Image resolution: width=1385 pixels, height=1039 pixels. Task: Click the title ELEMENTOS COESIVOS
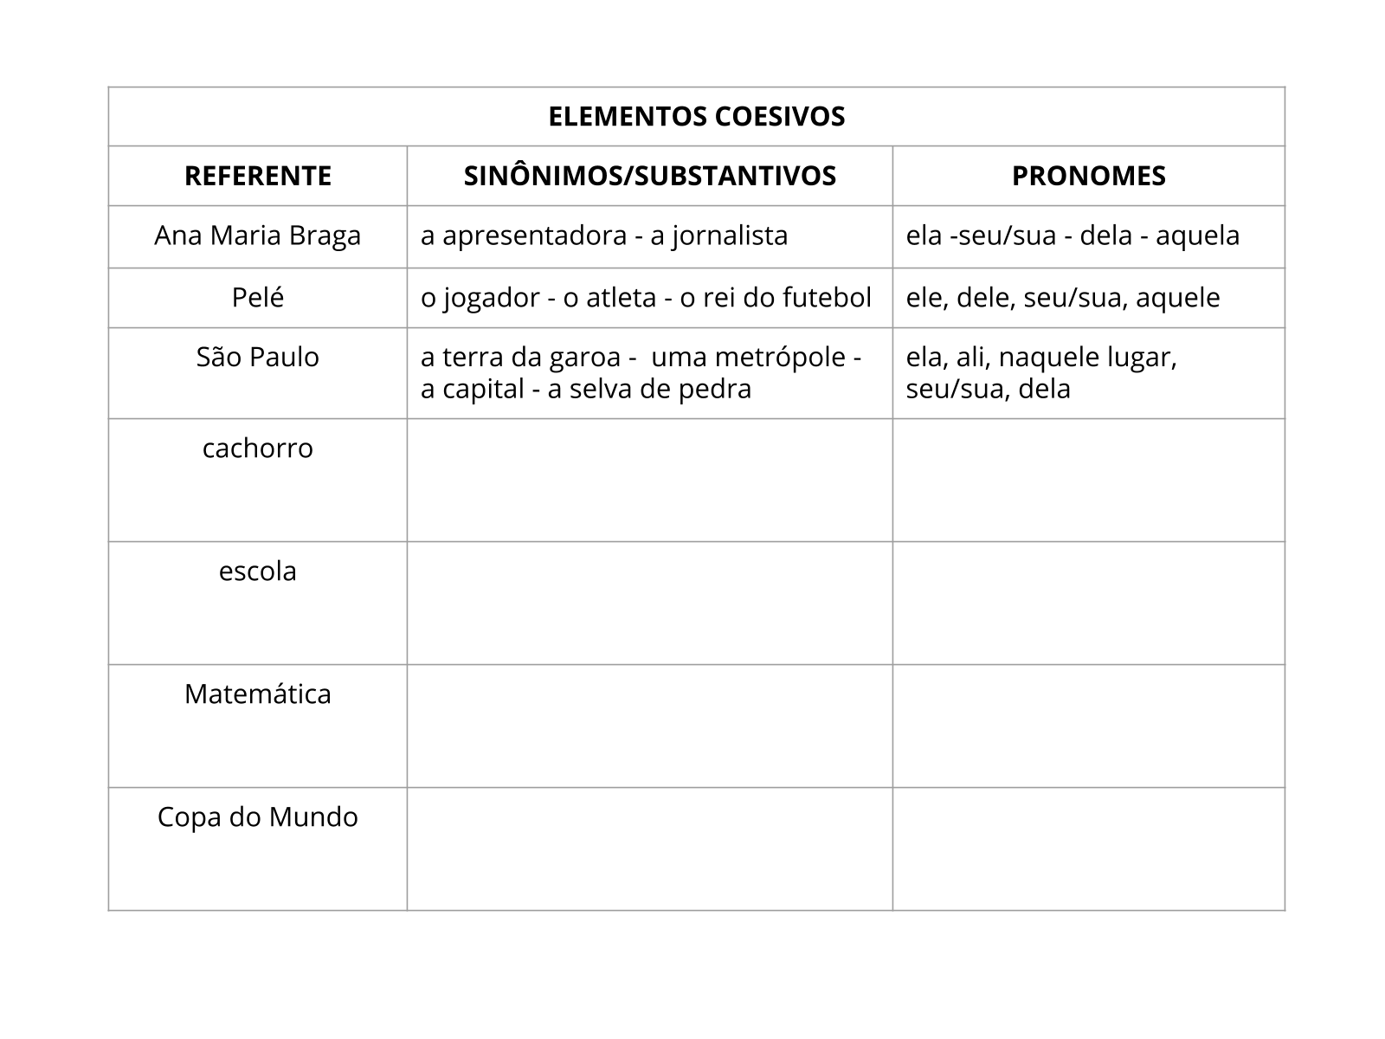(x=696, y=117)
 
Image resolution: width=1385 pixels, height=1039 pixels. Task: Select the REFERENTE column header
(x=258, y=176)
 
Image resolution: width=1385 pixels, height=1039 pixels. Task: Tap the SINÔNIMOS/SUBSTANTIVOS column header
(x=649, y=176)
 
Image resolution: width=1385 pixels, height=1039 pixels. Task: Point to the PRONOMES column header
(x=1088, y=176)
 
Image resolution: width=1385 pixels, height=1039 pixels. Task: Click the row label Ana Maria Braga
(x=258, y=236)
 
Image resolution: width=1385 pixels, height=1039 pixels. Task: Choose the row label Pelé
(x=258, y=298)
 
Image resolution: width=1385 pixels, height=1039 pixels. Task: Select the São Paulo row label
(x=258, y=357)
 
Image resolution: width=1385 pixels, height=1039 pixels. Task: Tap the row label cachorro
(x=258, y=448)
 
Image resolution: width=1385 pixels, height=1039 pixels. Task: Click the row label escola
(x=258, y=571)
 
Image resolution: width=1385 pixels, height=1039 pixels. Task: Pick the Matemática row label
(x=258, y=694)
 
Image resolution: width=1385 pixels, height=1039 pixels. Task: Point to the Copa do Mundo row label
(x=258, y=816)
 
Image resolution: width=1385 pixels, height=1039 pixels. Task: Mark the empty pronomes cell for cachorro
(x=1088, y=481)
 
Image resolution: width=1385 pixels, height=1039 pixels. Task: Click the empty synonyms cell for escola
(x=649, y=603)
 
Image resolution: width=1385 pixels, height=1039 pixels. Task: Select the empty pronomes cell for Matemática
(x=1088, y=726)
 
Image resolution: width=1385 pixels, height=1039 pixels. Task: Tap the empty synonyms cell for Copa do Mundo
(x=649, y=849)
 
